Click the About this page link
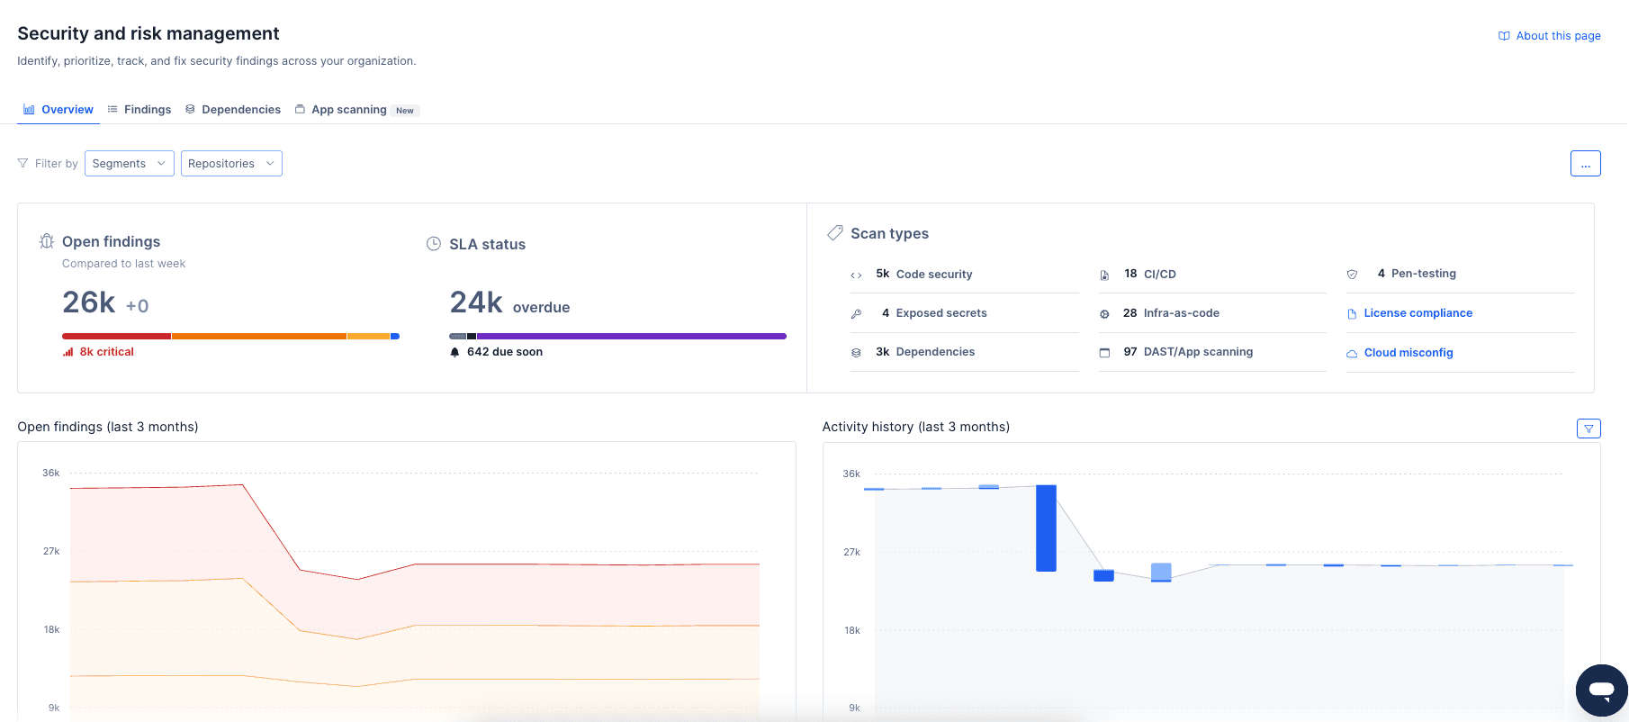pos(1550,36)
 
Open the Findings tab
pos(139,110)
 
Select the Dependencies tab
pos(233,110)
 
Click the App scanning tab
pos(348,110)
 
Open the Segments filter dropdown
pos(130,164)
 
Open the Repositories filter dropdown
pos(231,164)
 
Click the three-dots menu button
pos(1585,164)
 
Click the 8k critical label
pos(106,352)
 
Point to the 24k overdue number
pos(476,302)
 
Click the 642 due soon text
pos(504,352)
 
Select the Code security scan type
pos(933,275)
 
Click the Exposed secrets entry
pos(940,313)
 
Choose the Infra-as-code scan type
pos(1181,313)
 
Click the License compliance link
pos(1417,313)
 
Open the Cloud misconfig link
pos(1408,353)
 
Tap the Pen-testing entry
pos(1423,274)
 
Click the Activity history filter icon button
pos(1588,429)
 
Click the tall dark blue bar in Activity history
pos(1046,528)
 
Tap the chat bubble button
pos(1601,690)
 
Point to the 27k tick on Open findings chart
pos(51,551)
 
